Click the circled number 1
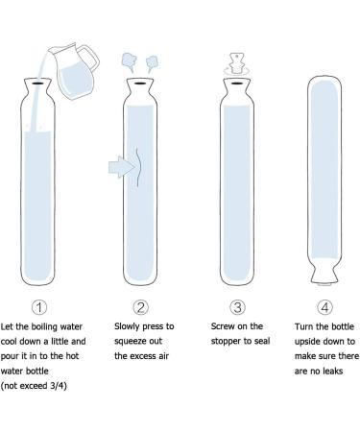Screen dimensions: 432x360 pyautogui.click(x=36, y=308)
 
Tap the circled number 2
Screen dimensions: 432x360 pyautogui.click(x=140, y=308)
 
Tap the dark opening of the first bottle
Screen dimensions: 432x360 pyautogui.click(x=36, y=84)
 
